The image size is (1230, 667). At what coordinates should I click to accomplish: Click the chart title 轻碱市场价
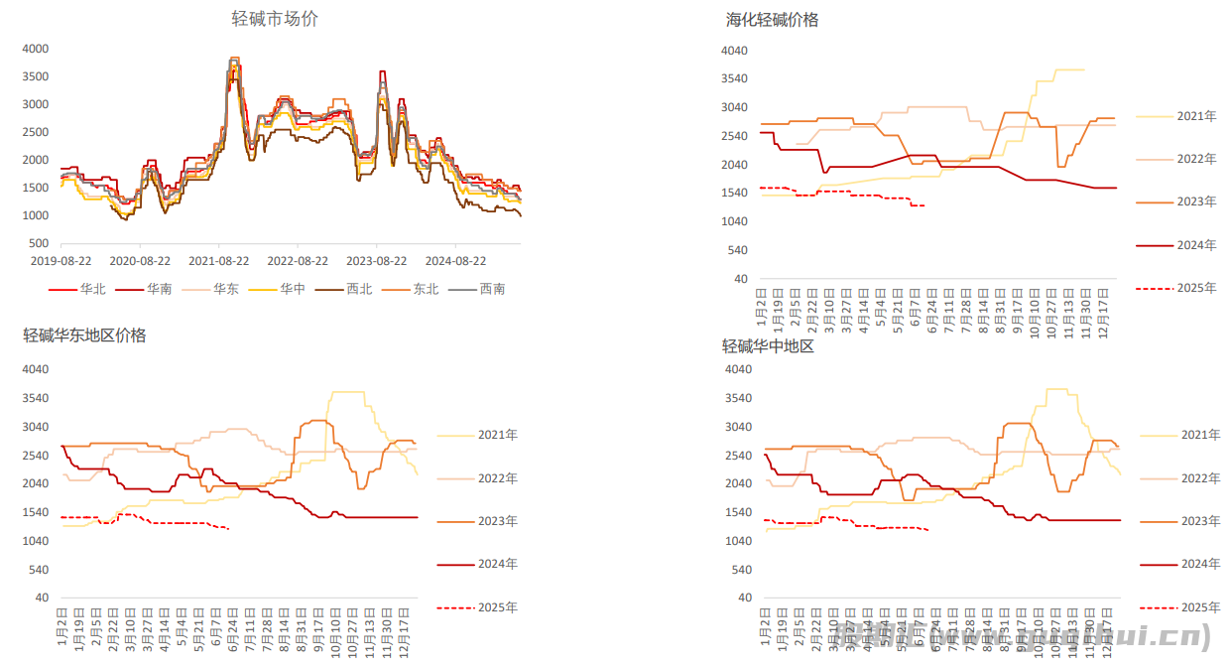[275, 19]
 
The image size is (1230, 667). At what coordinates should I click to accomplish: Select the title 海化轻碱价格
[772, 20]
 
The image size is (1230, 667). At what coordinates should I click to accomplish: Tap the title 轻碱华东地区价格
[84, 335]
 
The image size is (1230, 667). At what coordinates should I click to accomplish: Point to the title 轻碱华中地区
[768, 346]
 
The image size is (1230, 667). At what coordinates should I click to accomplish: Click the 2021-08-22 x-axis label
[218, 261]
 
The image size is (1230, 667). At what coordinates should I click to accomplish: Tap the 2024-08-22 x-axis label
[455, 261]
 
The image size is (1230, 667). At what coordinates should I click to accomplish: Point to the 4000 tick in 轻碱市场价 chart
[35, 49]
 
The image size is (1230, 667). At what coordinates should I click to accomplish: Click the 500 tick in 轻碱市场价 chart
[39, 243]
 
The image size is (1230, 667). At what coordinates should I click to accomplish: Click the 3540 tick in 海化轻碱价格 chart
[734, 78]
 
